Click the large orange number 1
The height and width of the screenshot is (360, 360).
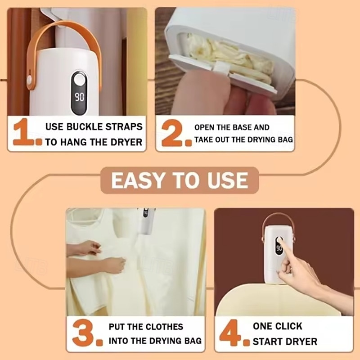[23, 132]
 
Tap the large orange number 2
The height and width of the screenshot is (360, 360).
[172, 132]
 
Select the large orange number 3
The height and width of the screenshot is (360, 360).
[83, 333]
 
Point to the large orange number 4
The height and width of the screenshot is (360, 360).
[230, 332]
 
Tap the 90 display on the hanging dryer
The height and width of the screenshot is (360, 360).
[80, 97]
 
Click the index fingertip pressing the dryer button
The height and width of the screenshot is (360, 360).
[279, 241]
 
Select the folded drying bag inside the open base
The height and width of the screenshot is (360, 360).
[227, 58]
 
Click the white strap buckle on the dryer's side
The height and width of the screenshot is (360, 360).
[30, 81]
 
